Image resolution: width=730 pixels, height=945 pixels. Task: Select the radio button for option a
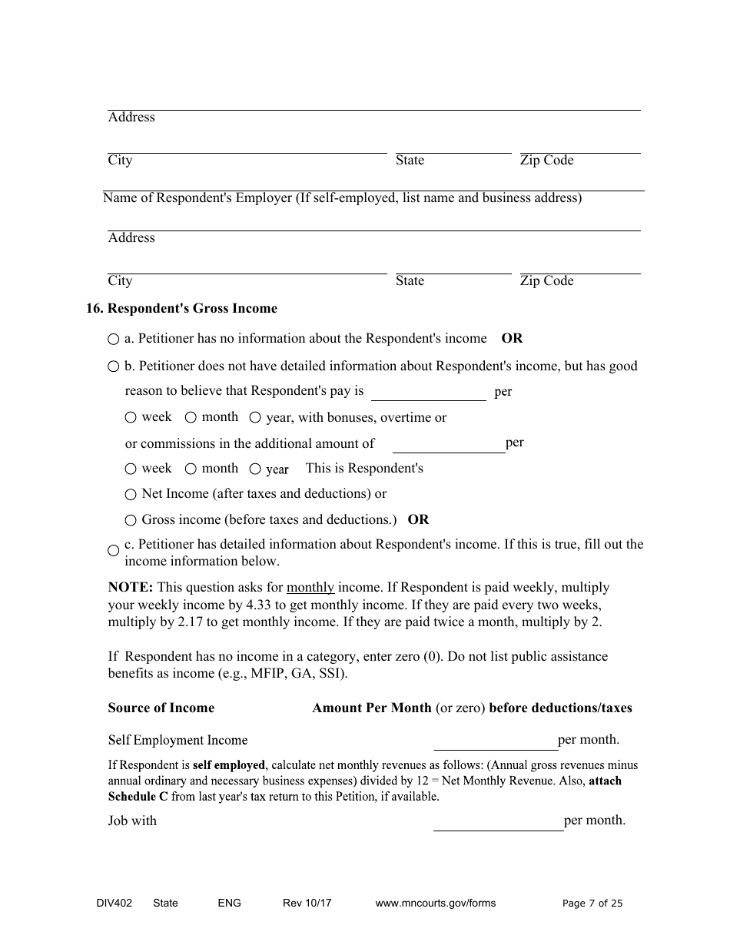pos(114,339)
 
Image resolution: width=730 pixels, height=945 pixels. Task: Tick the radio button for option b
pos(114,366)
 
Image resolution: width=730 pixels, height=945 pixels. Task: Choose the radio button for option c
pos(114,551)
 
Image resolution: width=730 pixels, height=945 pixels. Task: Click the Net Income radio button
pos(131,494)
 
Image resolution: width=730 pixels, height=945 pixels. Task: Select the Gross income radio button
pos(131,520)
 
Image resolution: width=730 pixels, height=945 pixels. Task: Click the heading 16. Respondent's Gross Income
pos(181,309)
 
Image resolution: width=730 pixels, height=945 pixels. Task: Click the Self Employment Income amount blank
pos(496,741)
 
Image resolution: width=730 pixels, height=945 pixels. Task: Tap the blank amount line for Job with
pos(498,822)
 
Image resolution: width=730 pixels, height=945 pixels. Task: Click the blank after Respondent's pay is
pos(428,393)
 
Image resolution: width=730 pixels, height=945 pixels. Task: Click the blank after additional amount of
pos(449,445)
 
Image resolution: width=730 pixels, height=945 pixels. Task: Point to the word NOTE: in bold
pos(131,588)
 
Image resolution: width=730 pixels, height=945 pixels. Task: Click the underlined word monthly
pos(310,588)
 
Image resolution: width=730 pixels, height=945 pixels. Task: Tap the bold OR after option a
pos(512,339)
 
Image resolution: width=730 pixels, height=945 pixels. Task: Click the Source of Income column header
pos(161,708)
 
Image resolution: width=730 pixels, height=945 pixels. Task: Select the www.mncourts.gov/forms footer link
pos(435,904)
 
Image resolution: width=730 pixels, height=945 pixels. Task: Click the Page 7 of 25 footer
pos(592,904)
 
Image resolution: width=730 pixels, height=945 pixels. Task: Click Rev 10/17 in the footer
pos(307,904)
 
